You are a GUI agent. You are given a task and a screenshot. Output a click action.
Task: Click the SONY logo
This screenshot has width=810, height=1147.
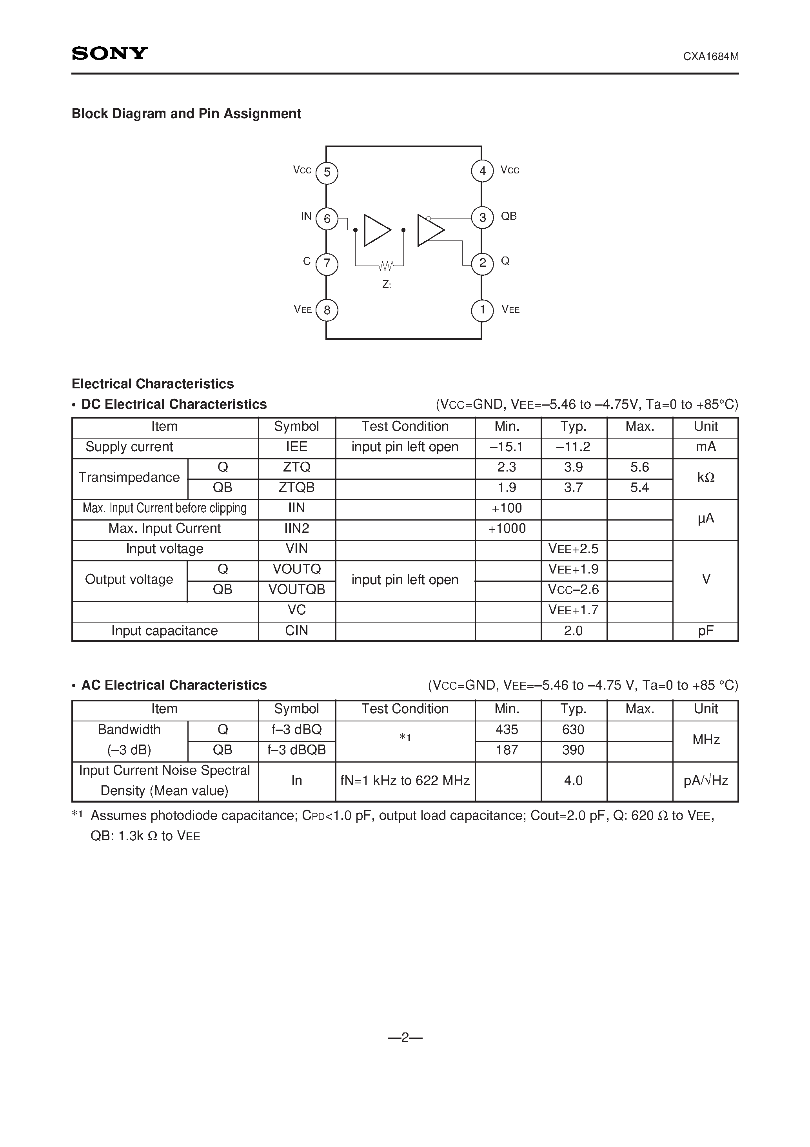109,53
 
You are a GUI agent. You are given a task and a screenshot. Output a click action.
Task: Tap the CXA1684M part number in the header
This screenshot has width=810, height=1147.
711,56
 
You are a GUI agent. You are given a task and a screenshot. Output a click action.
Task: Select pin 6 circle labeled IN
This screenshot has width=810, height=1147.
327,219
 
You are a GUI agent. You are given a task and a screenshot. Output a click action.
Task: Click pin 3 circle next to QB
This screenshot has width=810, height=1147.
482,218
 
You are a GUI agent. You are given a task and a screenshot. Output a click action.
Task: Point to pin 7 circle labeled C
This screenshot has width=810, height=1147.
327,264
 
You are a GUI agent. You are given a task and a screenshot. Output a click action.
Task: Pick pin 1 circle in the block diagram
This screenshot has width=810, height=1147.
482,310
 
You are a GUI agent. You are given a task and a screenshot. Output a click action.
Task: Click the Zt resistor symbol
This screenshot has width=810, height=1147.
386,265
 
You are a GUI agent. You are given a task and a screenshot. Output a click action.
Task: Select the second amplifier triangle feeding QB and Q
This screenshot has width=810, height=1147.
429,230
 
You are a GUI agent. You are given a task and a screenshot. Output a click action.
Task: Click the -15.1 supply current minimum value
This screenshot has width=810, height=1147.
507,447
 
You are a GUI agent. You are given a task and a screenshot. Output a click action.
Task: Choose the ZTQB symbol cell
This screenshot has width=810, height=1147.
297,488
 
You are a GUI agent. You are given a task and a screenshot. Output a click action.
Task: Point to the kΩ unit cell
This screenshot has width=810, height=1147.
705,477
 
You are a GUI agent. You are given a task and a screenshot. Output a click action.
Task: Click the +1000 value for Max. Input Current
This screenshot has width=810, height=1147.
507,528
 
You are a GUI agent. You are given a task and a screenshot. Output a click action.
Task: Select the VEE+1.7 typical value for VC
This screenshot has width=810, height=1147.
573,610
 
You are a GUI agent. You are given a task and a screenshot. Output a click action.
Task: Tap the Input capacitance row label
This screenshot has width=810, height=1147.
164,631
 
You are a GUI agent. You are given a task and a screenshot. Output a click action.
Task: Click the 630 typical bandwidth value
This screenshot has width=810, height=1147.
573,730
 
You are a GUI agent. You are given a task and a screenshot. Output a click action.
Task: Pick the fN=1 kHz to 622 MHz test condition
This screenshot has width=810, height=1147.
405,781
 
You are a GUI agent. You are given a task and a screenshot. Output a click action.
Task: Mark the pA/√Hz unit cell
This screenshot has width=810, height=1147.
705,781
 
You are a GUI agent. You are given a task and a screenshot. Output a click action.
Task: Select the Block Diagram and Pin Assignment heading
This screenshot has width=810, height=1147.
186,114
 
